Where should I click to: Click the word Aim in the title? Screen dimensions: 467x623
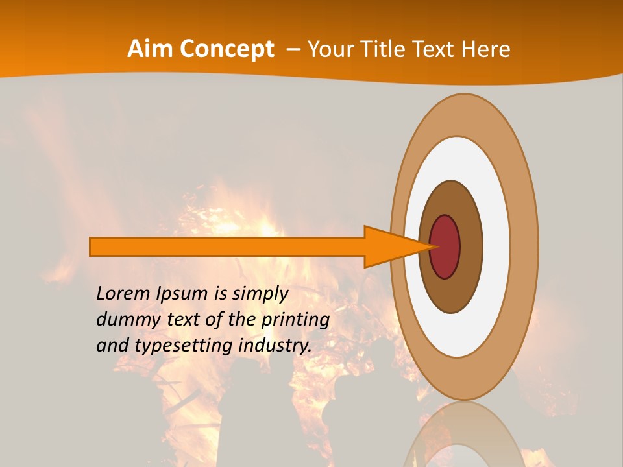(150, 49)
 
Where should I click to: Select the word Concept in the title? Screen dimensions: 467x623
(226, 49)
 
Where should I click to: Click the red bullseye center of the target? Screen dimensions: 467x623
(446, 246)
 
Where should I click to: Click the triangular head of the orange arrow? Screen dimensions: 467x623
(396, 246)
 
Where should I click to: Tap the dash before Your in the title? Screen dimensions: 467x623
(293, 49)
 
